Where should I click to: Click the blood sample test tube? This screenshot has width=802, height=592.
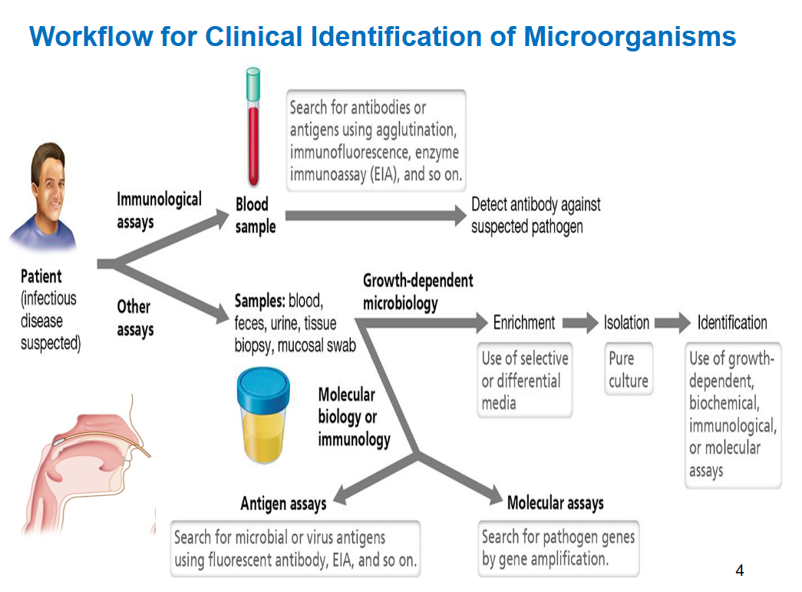[x=252, y=138]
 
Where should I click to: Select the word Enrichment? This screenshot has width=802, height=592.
[x=524, y=322]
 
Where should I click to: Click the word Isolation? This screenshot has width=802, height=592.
[x=626, y=322]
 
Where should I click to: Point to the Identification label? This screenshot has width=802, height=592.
[x=731, y=322]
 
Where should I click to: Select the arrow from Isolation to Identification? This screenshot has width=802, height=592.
[x=672, y=323]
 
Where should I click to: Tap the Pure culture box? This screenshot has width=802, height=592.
[x=628, y=369]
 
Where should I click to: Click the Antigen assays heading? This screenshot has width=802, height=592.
[x=283, y=504]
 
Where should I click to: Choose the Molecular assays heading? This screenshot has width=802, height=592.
[x=555, y=504]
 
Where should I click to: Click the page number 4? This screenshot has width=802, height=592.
[x=739, y=570]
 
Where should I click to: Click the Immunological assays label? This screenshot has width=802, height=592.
[x=159, y=210]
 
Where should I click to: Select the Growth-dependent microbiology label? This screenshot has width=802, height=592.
[x=418, y=292]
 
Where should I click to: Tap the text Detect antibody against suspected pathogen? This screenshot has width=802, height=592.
[x=535, y=216]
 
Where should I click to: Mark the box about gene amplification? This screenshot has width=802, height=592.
[x=558, y=548]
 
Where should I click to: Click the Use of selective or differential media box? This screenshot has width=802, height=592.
[x=525, y=380]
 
